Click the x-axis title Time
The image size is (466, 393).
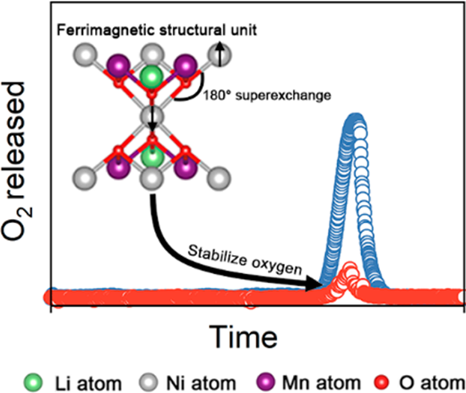pos(243,337)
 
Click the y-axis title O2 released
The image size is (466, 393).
pos(17,161)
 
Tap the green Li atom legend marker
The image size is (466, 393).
pos(33,382)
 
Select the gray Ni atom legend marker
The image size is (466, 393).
pos(149,382)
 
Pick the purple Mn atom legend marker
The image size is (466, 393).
pos(265,382)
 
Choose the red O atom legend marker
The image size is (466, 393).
pos(381,382)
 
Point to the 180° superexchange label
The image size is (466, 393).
pos(267,96)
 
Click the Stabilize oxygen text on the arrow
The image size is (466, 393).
pos(245,260)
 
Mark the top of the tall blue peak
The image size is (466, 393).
pos(356,115)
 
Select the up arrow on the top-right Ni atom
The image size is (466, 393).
pos(220,54)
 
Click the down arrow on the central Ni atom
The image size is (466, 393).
pos(152,120)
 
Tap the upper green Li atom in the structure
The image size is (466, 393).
pos(151,77)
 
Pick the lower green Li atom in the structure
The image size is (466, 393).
pos(152,156)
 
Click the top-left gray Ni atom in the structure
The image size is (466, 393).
pos(85,55)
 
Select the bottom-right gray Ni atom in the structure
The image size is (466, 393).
pos(219,178)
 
